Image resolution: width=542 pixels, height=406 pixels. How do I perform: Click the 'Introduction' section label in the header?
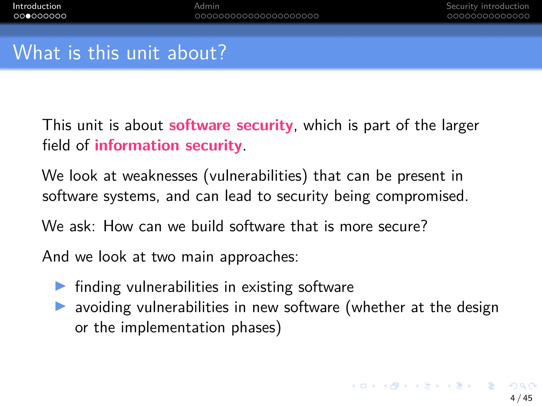[37, 6]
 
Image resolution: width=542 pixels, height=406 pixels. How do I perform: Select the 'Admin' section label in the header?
[207, 6]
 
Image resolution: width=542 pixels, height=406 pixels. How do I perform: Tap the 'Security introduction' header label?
[487, 6]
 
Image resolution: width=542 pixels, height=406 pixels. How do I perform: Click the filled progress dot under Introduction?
[28, 16]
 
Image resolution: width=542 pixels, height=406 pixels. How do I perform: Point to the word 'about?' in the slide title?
[197, 53]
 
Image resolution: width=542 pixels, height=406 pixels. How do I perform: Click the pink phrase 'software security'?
[231, 125]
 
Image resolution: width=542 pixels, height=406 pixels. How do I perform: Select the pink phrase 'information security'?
[168, 146]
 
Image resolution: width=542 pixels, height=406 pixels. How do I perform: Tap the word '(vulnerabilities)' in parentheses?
[256, 176]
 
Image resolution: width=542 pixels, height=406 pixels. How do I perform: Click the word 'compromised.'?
[422, 196]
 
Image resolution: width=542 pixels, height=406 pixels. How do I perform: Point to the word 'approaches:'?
[259, 257]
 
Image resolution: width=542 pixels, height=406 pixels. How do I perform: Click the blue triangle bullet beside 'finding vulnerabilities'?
[60, 286]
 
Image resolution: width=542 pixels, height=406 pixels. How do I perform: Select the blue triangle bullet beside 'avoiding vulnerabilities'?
[60, 306]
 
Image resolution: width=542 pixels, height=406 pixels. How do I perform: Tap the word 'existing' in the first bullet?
[267, 287]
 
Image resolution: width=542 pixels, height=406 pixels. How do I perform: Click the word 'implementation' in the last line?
[173, 327]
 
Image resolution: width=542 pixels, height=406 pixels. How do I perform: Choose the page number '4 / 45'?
[521, 398]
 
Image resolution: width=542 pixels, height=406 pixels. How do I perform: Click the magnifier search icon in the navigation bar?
[523, 386]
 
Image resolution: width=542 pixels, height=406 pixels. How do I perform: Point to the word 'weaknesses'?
[160, 176]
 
